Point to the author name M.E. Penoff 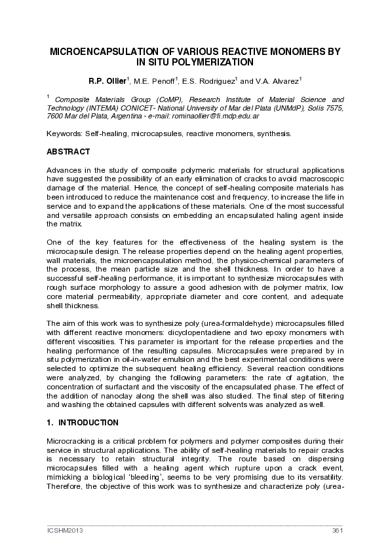(x=156, y=81)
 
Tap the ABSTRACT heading (x=68, y=152)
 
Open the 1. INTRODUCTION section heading (x=83, y=423)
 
